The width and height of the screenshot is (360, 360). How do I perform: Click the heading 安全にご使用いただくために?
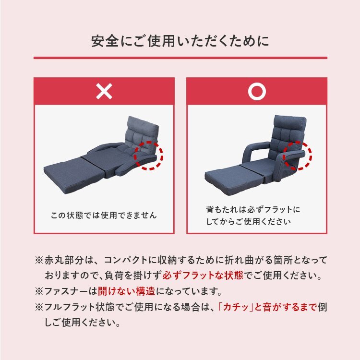point(180,41)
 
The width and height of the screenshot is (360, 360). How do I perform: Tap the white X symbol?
point(104,91)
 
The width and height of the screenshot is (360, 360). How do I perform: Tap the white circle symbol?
point(257,91)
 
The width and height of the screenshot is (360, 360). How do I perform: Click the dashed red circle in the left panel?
point(149,155)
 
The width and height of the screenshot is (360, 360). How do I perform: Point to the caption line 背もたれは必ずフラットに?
point(253,210)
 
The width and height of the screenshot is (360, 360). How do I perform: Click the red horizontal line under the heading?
point(180,59)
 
